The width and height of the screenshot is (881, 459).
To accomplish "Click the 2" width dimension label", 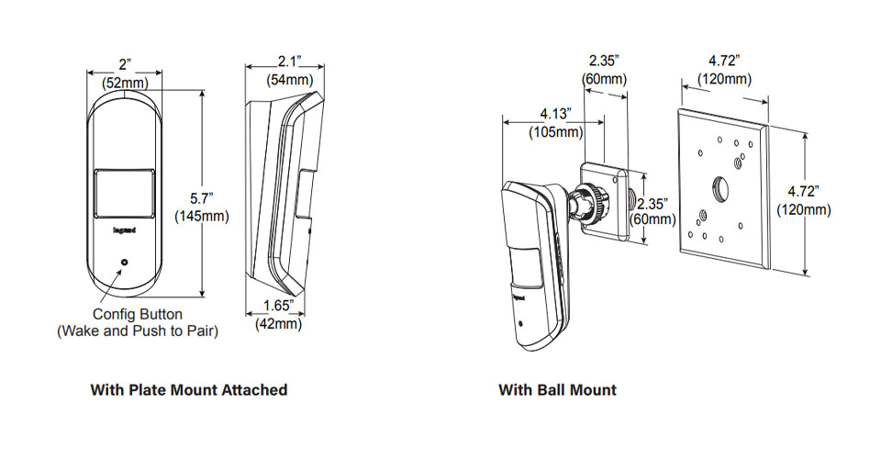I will click(125, 63).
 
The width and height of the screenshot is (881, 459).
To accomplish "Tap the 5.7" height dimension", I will click(201, 198).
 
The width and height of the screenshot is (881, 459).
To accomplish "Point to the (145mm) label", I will click(201, 217).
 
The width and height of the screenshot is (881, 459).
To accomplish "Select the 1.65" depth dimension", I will click(276, 305).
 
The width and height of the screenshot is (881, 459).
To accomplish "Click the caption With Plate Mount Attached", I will click(188, 390).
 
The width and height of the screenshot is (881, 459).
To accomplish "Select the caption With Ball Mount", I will click(557, 390).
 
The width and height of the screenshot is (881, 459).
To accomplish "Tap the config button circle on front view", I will click(125, 263).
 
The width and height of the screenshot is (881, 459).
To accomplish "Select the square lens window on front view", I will click(124, 193).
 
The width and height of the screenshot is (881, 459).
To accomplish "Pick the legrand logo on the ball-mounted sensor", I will click(518, 296).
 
